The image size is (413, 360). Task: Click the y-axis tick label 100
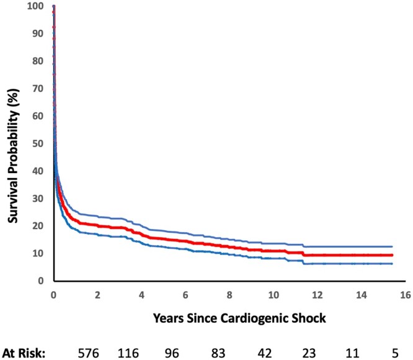(x=35, y=6)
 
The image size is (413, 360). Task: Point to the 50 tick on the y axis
(x=38, y=143)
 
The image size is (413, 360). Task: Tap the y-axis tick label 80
(x=38, y=61)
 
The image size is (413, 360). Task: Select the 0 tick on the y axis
(x=41, y=281)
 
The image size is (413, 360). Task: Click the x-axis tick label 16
(x=406, y=295)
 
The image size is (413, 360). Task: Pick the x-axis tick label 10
(x=273, y=295)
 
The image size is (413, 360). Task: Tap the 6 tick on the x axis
(x=185, y=295)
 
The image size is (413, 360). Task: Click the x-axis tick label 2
(x=98, y=295)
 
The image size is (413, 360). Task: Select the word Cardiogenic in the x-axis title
(x=254, y=318)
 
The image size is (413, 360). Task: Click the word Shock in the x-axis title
(x=309, y=318)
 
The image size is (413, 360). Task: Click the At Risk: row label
(x=24, y=353)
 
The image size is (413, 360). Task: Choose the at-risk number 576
(x=89, y=353)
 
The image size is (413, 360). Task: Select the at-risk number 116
(x=128, y=353)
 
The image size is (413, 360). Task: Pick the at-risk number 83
(x=218, y=353)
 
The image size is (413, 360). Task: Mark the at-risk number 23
(x=309, y=353)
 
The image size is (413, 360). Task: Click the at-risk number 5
(x=395, y=353)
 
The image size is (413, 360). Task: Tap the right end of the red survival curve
(x=393, y=255)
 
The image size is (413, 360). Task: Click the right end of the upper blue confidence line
(x=393, y=246)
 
